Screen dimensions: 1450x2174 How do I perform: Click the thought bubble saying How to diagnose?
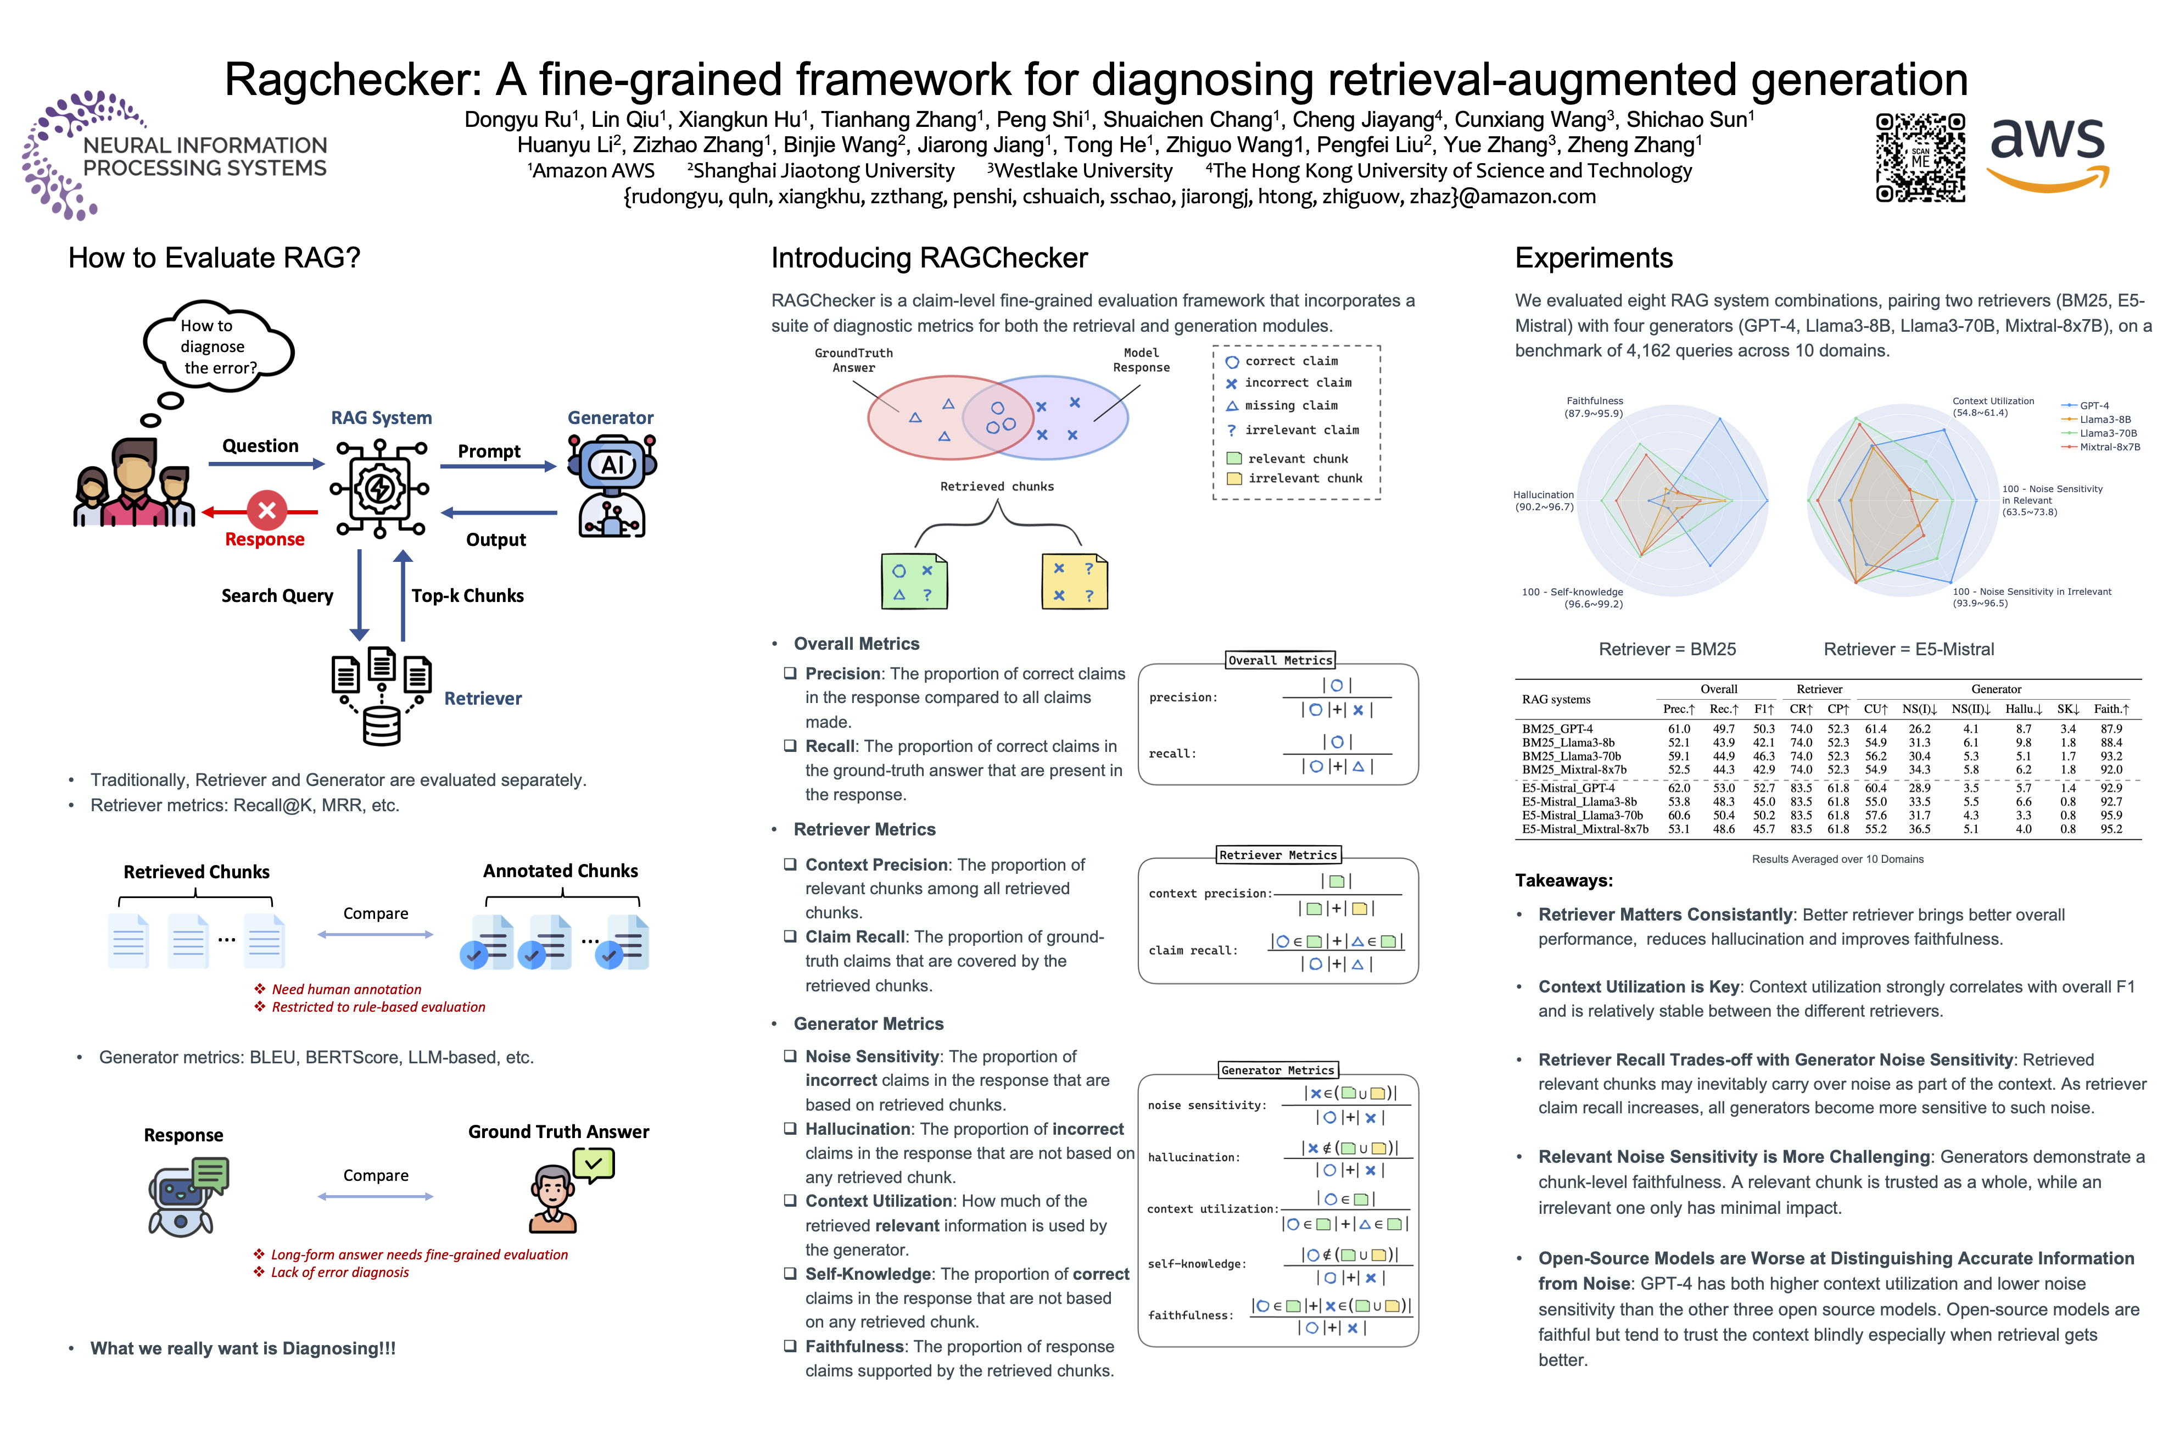click(218, 346)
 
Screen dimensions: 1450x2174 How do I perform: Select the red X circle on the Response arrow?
click(267, 510)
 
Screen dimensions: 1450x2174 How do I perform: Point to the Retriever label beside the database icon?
click(483, 698)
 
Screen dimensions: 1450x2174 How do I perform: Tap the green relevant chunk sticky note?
click(913, 581)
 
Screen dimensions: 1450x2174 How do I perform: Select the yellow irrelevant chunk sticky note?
click(1074, 581)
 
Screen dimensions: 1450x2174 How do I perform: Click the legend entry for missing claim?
click(1290, 406)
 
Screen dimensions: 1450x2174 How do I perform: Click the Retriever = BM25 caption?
click(1667, 649)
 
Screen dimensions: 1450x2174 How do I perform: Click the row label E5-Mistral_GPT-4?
click(1568, 788)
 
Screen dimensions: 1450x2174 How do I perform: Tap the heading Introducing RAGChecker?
click(929, 258)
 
